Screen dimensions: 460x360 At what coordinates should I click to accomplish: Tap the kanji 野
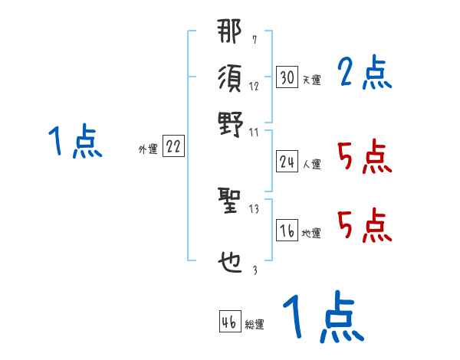[x=229, y=123]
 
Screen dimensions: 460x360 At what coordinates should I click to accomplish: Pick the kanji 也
[x=229, y=262]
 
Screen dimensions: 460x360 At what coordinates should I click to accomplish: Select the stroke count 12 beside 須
[x=254, y=86]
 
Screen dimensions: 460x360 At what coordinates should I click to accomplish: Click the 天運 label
[x=311, y=80]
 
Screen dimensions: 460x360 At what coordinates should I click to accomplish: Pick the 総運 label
[x=255, y=325]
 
